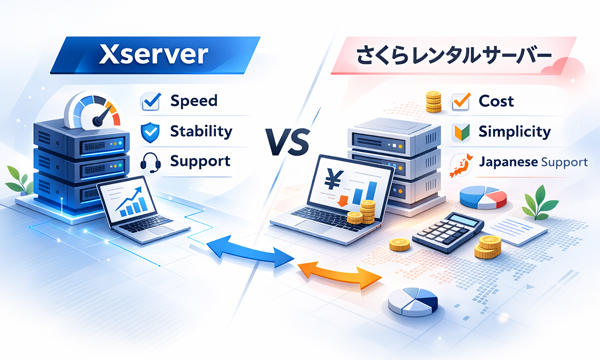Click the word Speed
pyautogui.click(x=193, y=100)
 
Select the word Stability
pyautogui.click(x=202, y=130)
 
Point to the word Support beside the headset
pyautogui.click(x=200, y=160)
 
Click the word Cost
pyautogui.click(x=498, y=101)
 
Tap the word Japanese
pyautogui.click(x=510, y=162)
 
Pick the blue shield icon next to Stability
pyautogui.click(x=150, y=131)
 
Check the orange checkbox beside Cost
pyautogui.click(x=461, y=101)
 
